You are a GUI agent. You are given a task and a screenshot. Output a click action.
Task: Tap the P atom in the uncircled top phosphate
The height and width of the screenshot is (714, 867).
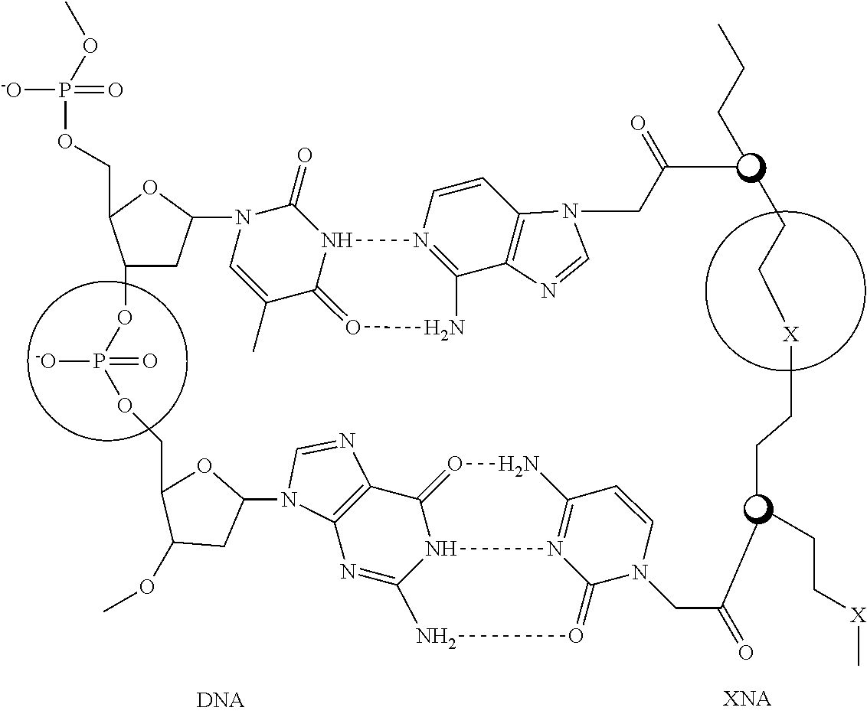tap(66, 91)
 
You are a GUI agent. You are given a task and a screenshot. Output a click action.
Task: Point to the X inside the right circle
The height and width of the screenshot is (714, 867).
tap(791, 334)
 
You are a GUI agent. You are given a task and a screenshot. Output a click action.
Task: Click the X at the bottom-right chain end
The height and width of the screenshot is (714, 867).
tap(859, 614)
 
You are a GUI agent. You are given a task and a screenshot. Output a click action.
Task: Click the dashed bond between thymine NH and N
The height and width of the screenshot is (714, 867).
tap(379, 243)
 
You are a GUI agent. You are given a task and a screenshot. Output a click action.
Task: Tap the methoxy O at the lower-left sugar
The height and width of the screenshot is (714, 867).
tap(148, 586)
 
